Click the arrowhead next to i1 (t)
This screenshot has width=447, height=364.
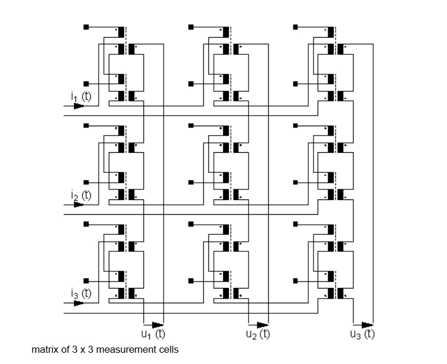(79, 106)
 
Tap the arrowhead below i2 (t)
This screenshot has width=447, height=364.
(77, 205)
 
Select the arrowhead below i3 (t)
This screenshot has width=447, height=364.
(79, 303)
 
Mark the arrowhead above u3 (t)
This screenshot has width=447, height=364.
(366, 324)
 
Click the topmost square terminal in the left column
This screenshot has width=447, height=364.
(86, 27)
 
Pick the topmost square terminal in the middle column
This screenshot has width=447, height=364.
(191, 27)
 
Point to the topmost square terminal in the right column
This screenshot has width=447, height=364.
(296, 27)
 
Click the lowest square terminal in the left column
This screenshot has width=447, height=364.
(86, 281)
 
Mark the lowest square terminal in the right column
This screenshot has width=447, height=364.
(296, 281)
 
